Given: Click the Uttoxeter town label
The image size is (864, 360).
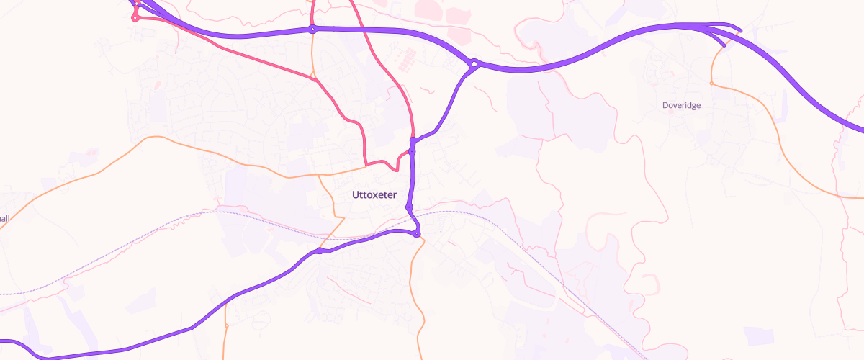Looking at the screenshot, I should pyautogui.click(x=374, y=194).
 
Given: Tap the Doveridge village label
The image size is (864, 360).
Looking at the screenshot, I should pyautogui.click(x=681, y=105).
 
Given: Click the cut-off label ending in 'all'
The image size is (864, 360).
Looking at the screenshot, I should pyautogui.click(x=5, y=217).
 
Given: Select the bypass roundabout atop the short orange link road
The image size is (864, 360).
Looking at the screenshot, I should pyautogui.click(x=312, y=30).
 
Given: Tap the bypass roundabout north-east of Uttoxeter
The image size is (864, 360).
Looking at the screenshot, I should pyautogui.click(x=474, y=65).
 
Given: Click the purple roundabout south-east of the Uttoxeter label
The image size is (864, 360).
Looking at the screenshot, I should pyautogui.click(x=417, y=234).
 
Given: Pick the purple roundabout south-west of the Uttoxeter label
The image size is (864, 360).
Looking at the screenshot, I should pyautogui.click(x=319, y=251).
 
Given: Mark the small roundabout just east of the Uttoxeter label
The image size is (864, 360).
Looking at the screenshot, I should pyautogui.click(x=409, y=207).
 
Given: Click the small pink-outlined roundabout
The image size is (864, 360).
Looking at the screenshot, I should pyautogui.click(x=135, y=18).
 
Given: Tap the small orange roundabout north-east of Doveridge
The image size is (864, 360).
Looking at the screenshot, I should pyautogui.click(x=711, y=83).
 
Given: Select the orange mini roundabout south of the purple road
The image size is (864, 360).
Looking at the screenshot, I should pyautogui.click(x=226, y=325).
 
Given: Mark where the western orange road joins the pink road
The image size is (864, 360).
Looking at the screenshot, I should pyautogui.click(x=367, y=165).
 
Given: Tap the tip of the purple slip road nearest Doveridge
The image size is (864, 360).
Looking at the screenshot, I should pyautogui.click(x=723, y=45).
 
